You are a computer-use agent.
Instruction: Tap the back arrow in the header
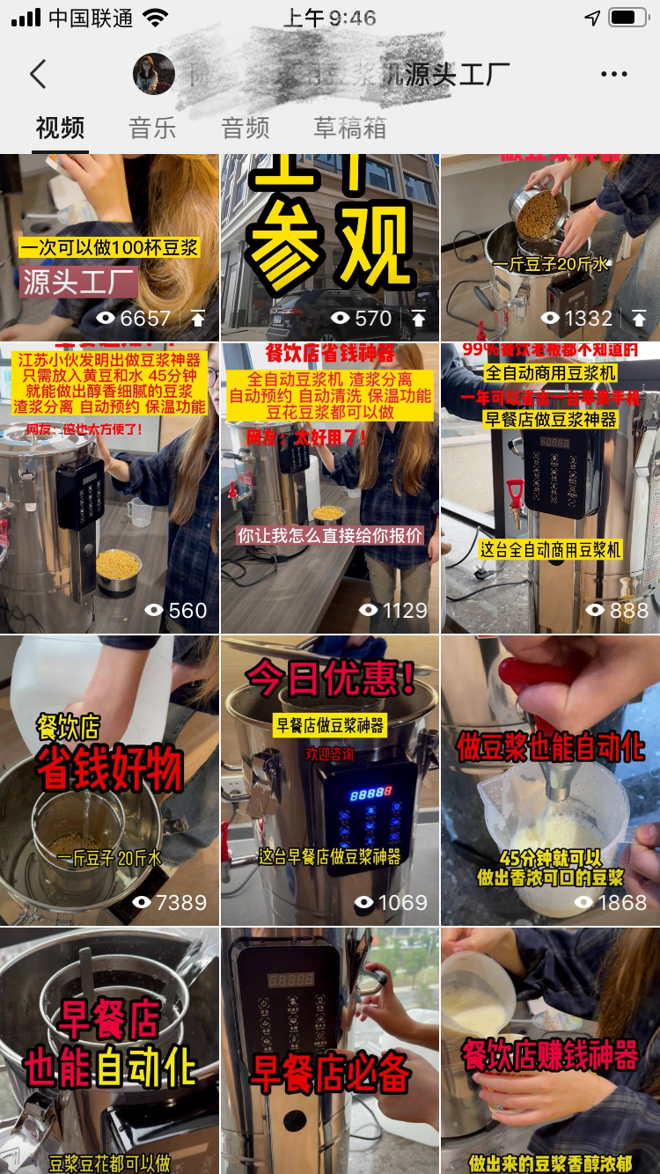(x=38, y=75)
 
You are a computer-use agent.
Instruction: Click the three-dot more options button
(x=613, y=75)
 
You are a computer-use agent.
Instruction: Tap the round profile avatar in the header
(x=154, y=75)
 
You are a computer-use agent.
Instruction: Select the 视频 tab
(x=60, y=128)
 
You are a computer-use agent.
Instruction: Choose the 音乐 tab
(x=152, y=128)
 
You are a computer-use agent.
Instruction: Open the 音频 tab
(x=245, y=128)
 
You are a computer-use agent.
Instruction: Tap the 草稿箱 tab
(x=349, y=128)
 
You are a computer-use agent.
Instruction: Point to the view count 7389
(x=169, y=902)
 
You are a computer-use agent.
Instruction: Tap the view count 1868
(x=610, y=902)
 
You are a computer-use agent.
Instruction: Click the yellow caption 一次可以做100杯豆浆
(x=109, y=248)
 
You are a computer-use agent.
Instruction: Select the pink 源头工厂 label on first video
(x=79, y=282)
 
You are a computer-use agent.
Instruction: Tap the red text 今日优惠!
(x=331, y=679)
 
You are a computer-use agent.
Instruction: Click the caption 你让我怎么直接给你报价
(x=330, y=535)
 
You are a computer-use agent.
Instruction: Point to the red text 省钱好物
(x=109, y=768)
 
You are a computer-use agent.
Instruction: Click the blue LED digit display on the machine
(x=370, y=794)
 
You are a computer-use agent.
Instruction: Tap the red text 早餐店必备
(x=331, y=1072)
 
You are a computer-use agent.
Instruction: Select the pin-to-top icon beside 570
(x=418, y=319)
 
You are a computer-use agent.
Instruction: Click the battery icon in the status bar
(x=627, y=18)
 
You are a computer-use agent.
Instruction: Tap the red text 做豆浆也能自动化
(x=551, y=748)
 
